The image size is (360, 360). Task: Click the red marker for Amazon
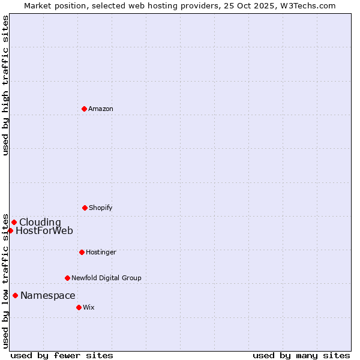pos(84,109)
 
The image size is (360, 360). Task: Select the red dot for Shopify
pos(85,208)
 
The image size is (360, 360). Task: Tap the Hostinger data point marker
pos(82,252)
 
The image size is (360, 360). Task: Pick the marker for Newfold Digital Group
pos(67,278)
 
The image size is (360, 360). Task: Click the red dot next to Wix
pos(79,307)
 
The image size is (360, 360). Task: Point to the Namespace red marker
pos(15,295)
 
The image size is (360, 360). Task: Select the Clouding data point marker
pos(14,222)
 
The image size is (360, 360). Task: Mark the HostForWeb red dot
pos(10,230)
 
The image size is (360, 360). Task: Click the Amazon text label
pos(101,109)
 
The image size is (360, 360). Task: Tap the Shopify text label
pos(101,208)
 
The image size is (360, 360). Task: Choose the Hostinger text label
pos(101,252)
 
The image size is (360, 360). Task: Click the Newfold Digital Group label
pos(106,278)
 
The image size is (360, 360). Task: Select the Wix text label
pos(89,307)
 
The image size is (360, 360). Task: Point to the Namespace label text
pos(48,295)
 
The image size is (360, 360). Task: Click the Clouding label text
pos(40,223)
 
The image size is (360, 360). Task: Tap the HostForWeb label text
pos(44,231)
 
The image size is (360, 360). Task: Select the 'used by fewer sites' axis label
pos(62,355)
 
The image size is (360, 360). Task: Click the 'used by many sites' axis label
pos(301,355)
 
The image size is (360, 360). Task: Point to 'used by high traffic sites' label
pos(5,85)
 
